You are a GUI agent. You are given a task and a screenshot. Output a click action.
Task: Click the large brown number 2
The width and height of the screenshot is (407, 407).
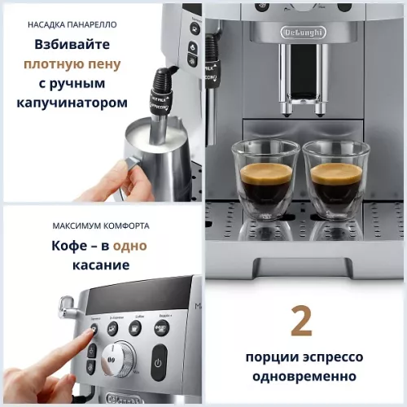click(301, 322)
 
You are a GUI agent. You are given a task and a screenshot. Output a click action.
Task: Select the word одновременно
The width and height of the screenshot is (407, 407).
click(303, 376)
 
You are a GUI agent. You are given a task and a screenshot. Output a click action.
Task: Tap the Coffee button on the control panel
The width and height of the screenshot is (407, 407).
click(136, 326)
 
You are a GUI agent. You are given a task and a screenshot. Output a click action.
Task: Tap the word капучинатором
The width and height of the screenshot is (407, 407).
click(72, 103)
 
